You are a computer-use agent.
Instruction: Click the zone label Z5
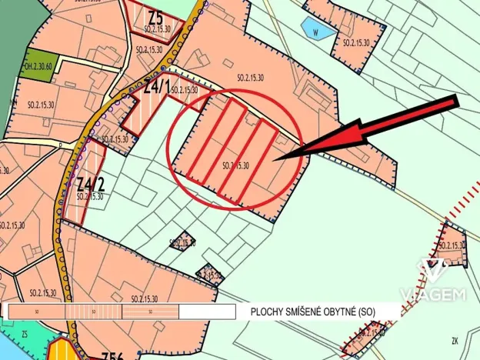point(156,16)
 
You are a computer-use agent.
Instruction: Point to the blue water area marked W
point(315,32)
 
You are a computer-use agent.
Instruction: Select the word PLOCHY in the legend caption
point(266,312)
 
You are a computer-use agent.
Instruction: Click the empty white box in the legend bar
point(207,312)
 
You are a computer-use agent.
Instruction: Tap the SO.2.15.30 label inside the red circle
point(235,165)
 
